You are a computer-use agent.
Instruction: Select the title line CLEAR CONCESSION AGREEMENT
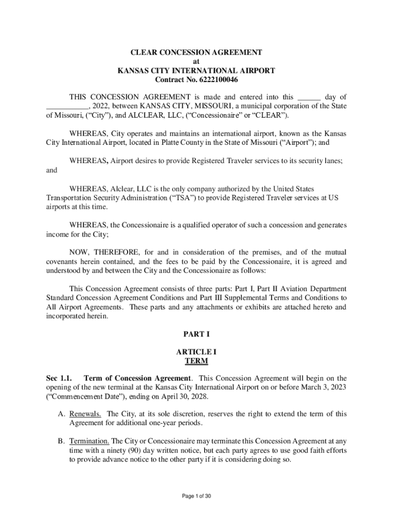point(196,53)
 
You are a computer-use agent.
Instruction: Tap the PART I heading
point(196,334)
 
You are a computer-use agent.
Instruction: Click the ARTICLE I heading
point(196,352)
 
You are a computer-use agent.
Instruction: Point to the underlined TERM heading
point(196,361)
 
